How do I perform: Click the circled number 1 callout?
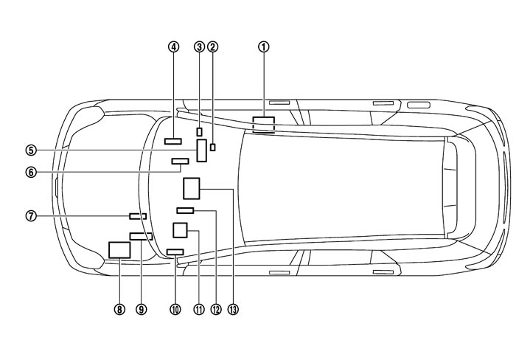(x=263, y=46)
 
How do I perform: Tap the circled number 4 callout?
(x=173, y=46)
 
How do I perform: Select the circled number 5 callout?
(x=30, y=150)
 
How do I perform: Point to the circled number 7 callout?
(x=30, y=216)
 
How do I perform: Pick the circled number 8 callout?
(x=119, y=310)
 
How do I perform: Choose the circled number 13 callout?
(x=234, y=310)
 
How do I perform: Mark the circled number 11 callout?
(x=198, y=310)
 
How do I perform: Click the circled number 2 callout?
(x=213, y=46)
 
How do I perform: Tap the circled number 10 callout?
(x=175, y=310)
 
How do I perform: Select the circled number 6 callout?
(x=30, y=172)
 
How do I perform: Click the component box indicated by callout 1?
(x=263, y=124)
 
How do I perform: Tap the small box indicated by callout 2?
(x=213, y=147)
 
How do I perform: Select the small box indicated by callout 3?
(x=199, y=131)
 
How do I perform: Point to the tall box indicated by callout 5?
(x=201, y=150)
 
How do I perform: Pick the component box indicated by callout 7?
(x=138, y=216)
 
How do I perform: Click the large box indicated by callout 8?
(x=119, y=249)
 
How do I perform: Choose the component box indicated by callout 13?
(x=192, y=189)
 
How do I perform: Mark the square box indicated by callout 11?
(x=180, y=230)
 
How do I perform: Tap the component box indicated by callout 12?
(x=185, y=211)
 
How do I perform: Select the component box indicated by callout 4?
(x=173, y=140)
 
